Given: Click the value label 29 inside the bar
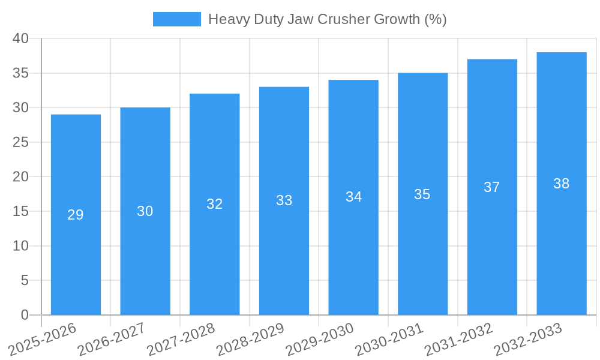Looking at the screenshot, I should (x=76, y=215).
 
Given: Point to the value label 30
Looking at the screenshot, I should (x=145, y=211).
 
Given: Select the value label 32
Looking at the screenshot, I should (x=214, y=204).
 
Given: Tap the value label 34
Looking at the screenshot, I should (x=353, y=197).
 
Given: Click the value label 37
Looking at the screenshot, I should (x=491, y=187).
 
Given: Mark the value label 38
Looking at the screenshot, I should (x=561, y=184).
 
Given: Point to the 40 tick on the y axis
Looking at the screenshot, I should (x=20, y=38).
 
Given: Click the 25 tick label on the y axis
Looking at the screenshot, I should (x=20, y=142).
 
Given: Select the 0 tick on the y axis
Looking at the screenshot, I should (x=25, y=315).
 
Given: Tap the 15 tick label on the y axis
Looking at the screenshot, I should (x=20, y=211).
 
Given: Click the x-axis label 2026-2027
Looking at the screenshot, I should (x=112, y=340).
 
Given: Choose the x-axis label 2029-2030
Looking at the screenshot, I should (x=319, y=340).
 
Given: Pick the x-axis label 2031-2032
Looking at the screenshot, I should (x=458, y=340).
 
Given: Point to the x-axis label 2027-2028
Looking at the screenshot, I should (x=181, y=340).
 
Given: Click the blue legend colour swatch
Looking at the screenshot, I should (x=176, y=19).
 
